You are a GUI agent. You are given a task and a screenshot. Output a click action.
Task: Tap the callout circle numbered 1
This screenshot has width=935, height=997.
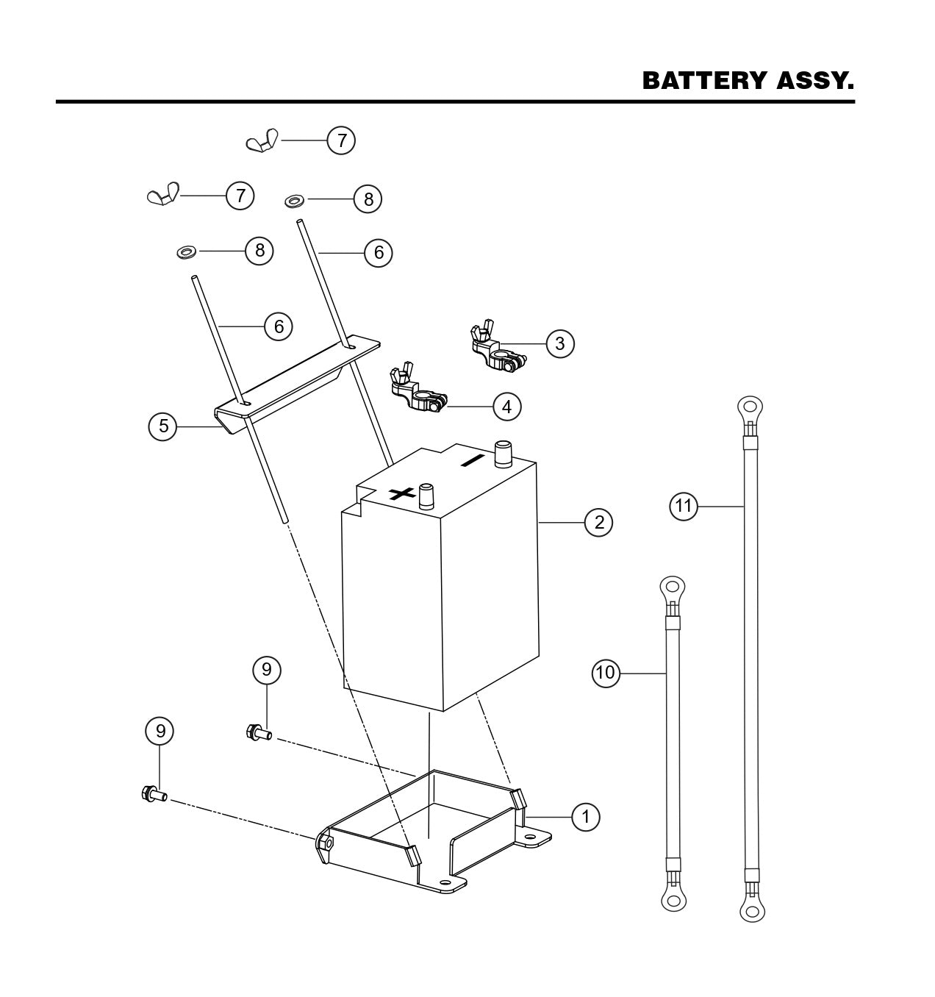586,816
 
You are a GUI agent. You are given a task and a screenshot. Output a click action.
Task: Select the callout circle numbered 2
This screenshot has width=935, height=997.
599,522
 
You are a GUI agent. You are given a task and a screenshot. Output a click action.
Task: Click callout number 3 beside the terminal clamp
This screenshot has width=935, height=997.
560,343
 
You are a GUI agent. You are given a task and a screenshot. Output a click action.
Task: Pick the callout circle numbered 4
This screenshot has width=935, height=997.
507,406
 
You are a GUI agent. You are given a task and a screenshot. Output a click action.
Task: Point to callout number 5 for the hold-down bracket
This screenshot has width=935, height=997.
163,426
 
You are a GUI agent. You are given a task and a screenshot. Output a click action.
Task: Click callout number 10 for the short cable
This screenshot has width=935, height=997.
606,673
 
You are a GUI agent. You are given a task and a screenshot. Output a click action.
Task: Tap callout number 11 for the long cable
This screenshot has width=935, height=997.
684,506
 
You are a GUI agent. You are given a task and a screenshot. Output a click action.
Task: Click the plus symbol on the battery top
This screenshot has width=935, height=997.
401,493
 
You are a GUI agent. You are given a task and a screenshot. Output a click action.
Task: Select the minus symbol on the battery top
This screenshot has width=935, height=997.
472,461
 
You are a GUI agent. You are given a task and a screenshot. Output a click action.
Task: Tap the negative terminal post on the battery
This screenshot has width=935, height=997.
504,454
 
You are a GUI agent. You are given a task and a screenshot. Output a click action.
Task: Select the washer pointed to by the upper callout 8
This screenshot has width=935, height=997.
295,199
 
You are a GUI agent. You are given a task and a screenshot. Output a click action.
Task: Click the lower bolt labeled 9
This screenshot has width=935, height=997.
153,794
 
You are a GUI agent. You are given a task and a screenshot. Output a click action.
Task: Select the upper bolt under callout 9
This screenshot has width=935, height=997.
258,732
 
